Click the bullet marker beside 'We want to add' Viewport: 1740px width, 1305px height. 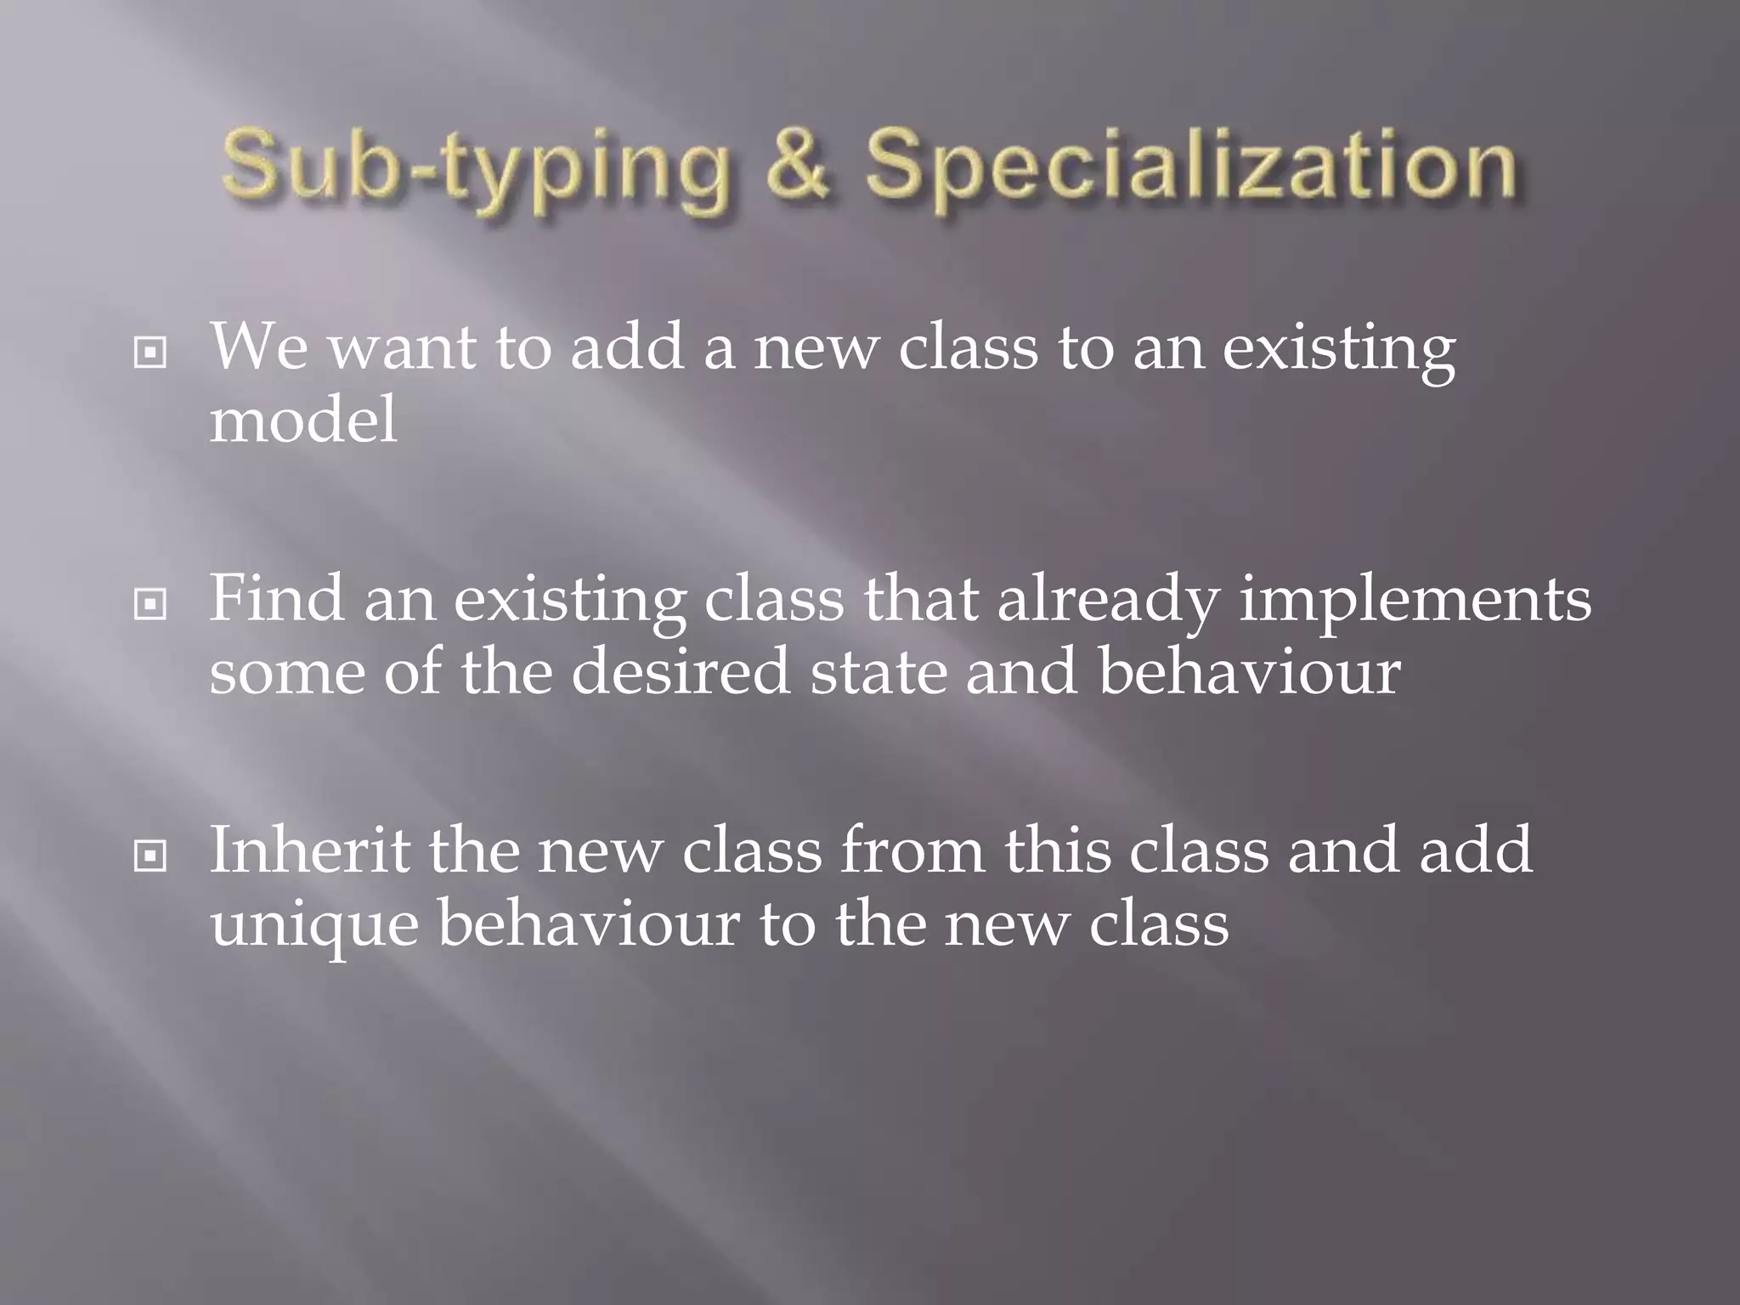pos(150,352)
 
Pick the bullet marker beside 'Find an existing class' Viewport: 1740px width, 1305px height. pos(150,604)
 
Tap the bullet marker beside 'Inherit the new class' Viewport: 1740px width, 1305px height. pos(150,856)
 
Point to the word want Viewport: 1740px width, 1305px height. pos(402,347)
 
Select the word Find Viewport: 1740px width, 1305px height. pos(277,598)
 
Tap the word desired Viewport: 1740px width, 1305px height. pos(681,671)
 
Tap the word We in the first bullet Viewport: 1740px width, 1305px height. pos(259,347)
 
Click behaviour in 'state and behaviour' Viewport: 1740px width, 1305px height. pos(1249,671)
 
